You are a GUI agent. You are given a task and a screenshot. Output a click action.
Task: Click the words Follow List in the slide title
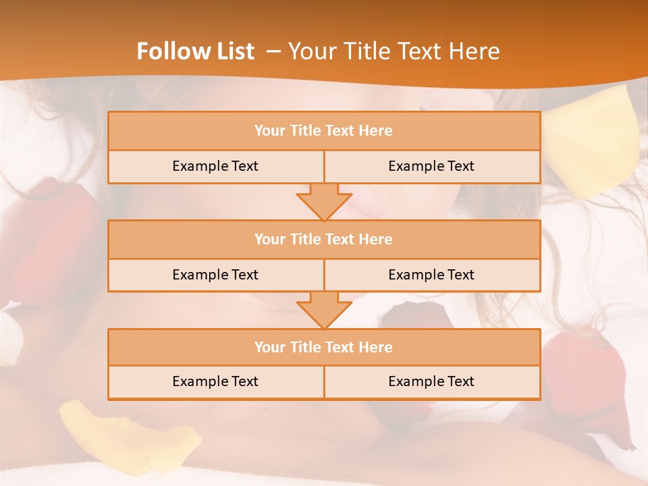click(x=195, y=51)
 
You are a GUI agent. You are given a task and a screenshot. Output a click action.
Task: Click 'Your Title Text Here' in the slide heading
click(x=394, y=51)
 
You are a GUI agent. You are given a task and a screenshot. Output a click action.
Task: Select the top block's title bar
click(x=324, y=131)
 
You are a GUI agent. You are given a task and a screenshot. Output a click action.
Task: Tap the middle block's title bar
click(x=324, y=239)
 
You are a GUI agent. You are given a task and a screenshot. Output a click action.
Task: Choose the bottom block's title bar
click(x=324, y=347)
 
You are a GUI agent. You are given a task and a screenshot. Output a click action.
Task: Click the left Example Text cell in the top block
click(x=215, y=166)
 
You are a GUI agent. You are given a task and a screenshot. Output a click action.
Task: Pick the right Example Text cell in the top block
click(x=431, y=166)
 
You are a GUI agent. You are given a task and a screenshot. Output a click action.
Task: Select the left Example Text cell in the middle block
click(x=215, y=275)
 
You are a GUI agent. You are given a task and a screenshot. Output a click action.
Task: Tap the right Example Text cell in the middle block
click(x=431, y=275)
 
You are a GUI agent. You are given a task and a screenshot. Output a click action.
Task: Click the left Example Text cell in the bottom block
click(x=215, y=381)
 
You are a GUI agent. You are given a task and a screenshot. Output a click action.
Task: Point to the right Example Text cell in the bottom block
click(x=431, y=381)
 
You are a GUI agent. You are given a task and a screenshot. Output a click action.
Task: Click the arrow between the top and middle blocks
click(x=324, y=202)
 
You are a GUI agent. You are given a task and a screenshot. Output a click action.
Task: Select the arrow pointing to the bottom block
click(x=324, y=310)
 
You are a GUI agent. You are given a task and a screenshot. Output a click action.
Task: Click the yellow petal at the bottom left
click(x=128, y=432)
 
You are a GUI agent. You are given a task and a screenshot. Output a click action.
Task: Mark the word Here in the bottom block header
click(x=376, y=347)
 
